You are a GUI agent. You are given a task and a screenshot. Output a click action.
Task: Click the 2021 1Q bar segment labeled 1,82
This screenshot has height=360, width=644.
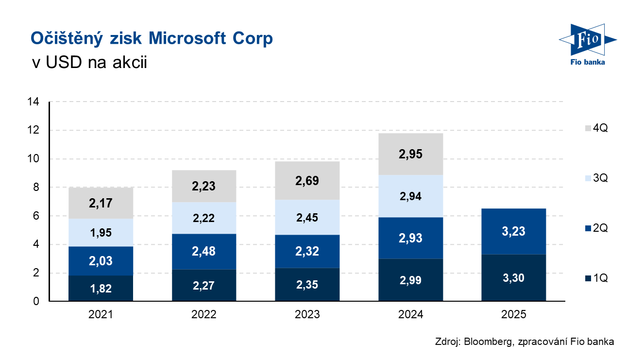(x=101, y=288)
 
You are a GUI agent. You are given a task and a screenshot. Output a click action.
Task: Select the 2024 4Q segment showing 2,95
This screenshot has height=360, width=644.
(x=410, y=154)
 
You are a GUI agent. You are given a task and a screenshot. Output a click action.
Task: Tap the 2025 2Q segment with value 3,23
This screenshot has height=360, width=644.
(x=514, y=231)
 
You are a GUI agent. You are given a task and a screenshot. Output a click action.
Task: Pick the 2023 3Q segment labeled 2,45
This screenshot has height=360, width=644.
(x=307, y=217)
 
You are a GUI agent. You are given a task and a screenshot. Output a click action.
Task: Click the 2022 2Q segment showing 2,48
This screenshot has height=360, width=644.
(x=204, y=251)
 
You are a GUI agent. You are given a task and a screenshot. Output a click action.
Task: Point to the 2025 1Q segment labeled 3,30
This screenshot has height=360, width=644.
(x=514, y=278)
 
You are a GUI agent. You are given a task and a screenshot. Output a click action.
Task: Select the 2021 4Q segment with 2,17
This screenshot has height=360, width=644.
(x=101, y=203)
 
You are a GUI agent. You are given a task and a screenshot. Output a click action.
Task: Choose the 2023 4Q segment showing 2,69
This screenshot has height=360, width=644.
(x=307, y=181)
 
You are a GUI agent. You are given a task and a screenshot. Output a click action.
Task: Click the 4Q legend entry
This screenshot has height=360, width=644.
(x=596, y=128)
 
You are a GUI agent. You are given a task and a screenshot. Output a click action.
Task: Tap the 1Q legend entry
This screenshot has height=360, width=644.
(x=596, y=278)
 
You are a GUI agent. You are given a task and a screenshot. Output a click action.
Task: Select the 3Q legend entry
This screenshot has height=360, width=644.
(x=596, y=178)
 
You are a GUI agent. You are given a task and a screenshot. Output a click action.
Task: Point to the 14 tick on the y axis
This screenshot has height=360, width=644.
(x=33, y=102)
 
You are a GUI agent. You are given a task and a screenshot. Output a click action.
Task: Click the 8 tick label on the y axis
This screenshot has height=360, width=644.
(x=36, y=188)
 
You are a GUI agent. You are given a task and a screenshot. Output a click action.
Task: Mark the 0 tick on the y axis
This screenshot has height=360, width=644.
(x=36, y=301)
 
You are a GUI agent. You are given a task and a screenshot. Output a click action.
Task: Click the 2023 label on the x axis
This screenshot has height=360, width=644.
(x=307, y=314)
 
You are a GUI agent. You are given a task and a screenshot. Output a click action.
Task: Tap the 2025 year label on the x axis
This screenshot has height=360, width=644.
(x=514, y=314)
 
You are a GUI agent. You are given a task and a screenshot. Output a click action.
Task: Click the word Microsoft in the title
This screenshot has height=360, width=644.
(x=187, y=38)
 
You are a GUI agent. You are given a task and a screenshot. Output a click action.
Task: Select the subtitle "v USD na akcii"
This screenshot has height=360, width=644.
(x=89, y=62)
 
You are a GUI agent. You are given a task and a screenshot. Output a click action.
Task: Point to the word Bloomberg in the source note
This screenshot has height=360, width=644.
(x=488, y=342)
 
